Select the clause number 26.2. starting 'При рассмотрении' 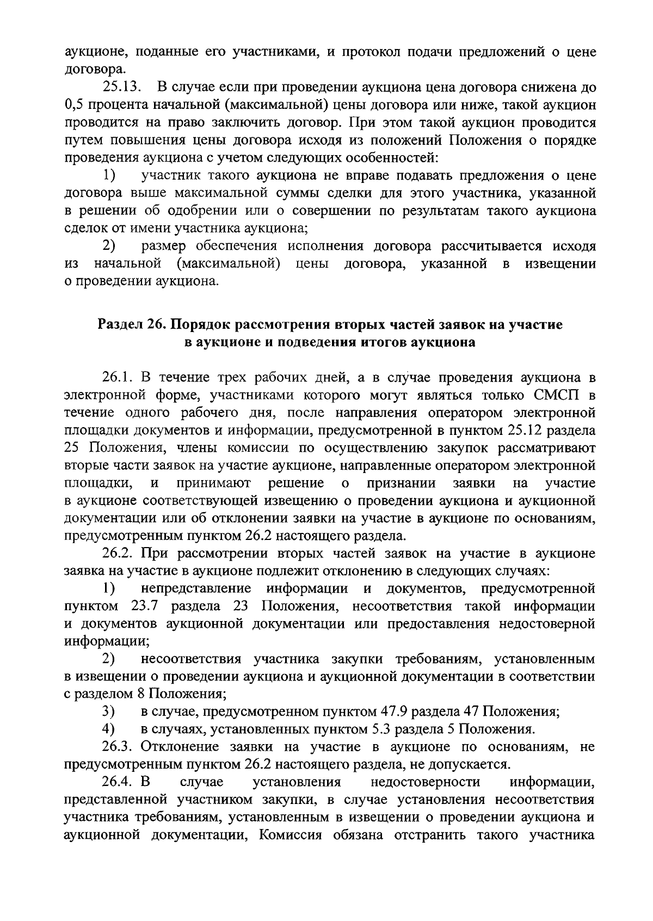click(x=118, y=554)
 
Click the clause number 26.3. click(x=118, y=747)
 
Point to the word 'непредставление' click(x=196, y=588)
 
